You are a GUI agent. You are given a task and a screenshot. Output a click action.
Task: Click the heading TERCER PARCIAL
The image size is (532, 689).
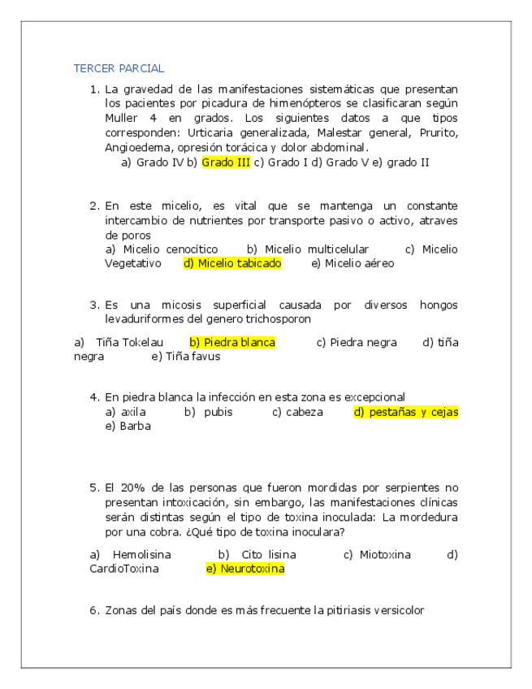[119, 68]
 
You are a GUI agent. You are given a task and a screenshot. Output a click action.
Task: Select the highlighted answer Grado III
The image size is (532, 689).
[226, 162]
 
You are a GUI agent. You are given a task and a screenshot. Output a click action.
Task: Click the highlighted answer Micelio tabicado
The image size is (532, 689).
[232, 263]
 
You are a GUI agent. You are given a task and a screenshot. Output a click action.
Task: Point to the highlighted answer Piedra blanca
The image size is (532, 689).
[232, 342]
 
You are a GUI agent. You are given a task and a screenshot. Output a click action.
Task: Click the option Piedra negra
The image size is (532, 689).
[357, 342]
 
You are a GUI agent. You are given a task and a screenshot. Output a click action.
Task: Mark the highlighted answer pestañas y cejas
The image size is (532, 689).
[405, 412]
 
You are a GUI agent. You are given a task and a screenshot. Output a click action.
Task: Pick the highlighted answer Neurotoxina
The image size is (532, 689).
[245, 569]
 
